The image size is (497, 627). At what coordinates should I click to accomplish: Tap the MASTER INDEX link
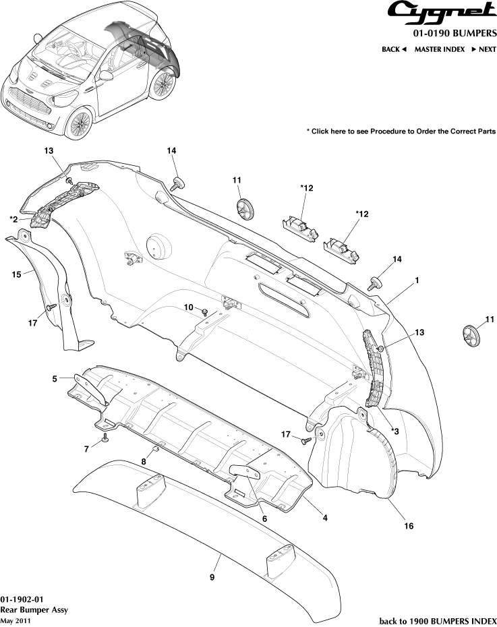pos(439,49)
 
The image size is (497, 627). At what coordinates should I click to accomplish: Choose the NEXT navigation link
pos(484,49)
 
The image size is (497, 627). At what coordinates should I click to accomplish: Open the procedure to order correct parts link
pos(401,131)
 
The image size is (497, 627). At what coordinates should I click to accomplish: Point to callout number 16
pos(409,525)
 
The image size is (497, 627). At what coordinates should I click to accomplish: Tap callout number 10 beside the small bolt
pos(189,307)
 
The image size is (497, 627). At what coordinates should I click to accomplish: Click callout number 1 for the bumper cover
pos(417,279)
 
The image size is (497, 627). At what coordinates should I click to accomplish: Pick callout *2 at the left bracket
pos(14,219)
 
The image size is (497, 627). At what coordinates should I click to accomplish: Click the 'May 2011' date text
pos(16,620)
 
